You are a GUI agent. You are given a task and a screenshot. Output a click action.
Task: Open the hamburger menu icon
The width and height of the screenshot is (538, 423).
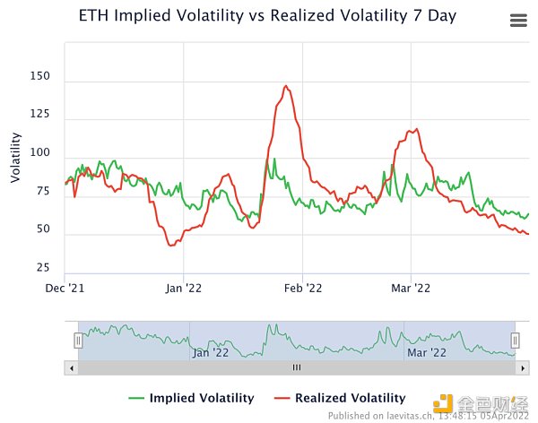(517, 21)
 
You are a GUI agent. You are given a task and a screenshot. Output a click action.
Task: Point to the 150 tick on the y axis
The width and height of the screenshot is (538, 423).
(39, 78)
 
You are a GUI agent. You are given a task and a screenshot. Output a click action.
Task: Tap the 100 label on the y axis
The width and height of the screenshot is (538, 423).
(39, 154)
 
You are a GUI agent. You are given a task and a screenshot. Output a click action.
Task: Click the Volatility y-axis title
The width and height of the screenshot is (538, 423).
(15, 157)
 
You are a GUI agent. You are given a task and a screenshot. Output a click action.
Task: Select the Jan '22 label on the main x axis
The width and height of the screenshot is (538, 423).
(183, 288)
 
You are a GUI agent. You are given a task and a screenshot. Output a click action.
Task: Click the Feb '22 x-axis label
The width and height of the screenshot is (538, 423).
(302, 288)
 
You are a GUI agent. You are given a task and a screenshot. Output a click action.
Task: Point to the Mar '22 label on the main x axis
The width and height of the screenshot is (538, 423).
(411, 288)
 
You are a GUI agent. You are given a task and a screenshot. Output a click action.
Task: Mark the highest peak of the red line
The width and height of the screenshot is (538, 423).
(286, 86)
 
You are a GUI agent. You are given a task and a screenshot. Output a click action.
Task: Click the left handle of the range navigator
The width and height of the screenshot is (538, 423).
(78, 341)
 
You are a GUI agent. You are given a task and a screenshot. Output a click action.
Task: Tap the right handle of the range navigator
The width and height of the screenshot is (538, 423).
(515, 341)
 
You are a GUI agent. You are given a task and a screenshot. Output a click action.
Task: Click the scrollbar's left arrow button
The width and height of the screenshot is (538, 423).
(71, 367)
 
